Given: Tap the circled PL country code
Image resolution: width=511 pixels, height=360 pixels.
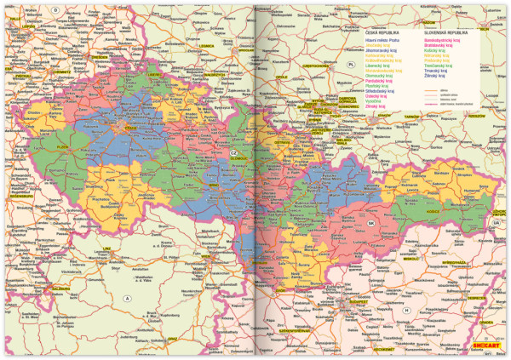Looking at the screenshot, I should [350, 64].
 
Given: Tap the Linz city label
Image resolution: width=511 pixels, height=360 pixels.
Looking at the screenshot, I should [106, 250].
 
